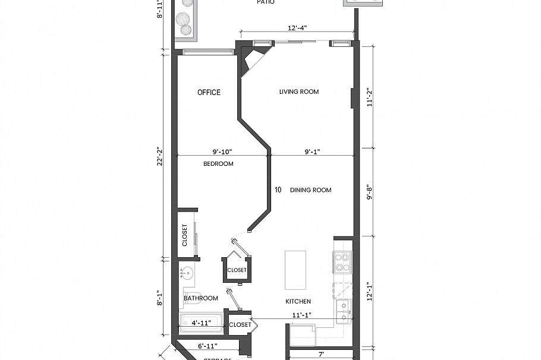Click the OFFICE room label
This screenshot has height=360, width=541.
(x=209, y=92)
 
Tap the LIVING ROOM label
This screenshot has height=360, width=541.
(x=299, y=91)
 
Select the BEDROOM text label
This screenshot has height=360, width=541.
(x=218, y=163)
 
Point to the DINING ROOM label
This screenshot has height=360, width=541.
(x=310, y=190)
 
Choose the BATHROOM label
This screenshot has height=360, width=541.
(x=200, y=298)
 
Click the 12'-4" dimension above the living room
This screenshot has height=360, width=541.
(x=297, y=28)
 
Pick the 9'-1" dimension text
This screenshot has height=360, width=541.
(x=312, y=151)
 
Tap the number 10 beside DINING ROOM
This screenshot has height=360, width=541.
(x=278, y=190)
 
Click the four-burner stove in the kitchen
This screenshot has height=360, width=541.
(x=342, y=262)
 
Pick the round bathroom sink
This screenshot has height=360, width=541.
(x=186, y=274)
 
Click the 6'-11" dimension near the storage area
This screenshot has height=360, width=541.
(x=207, y=345)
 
